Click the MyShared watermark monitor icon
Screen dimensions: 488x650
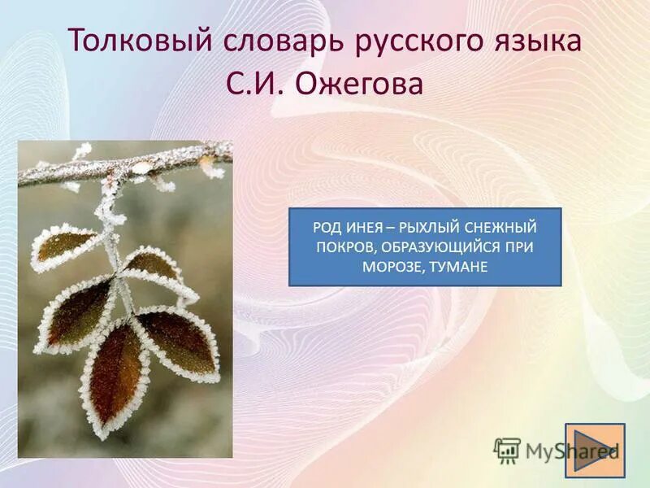(x=508, y=450)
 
